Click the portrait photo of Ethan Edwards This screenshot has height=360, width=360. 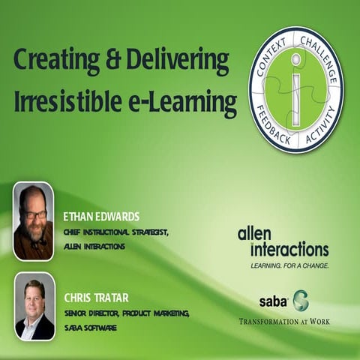pos(34,220)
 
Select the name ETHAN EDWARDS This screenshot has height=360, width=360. pos(101,217)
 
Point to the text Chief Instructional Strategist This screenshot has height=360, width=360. pos(116,232)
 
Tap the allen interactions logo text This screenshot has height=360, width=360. pos(283,242)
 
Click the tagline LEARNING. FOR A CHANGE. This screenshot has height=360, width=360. pos(289,265)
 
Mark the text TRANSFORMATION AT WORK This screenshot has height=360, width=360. pos(284,322)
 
